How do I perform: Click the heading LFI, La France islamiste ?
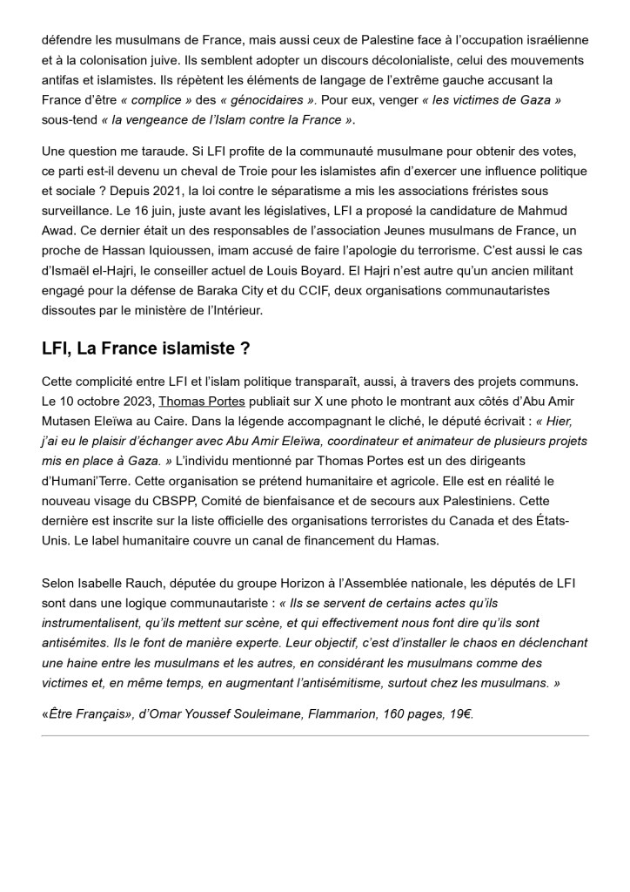[x=146, y=348]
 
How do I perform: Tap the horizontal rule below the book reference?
[x=315, y=736]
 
